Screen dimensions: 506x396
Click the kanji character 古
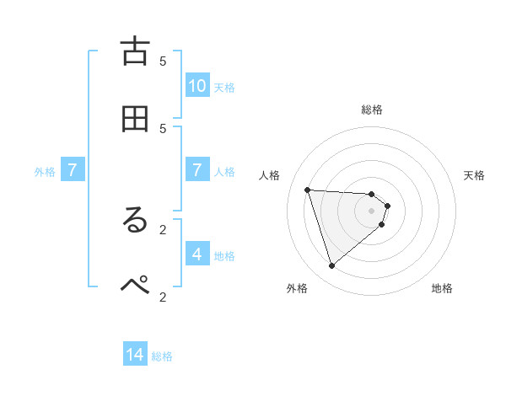[135, 51]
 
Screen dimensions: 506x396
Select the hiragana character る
[135, 221]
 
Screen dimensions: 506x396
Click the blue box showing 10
[197, 86]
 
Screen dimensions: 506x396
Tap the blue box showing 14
[135, 356]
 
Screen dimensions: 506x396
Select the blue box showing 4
[197, 254]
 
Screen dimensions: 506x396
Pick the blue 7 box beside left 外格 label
[73, 171]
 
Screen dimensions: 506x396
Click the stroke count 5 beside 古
[163, 61]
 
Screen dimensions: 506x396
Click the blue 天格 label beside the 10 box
[224, 88]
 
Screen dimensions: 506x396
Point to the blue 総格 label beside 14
[162, 357]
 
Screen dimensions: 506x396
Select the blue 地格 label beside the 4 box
[224, 256]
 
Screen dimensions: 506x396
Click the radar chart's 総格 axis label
[372, 110]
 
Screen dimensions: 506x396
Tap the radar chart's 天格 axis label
[474, 175]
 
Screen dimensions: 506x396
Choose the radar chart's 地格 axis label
[442, 288]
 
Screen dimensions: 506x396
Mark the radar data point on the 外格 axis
[331, 266]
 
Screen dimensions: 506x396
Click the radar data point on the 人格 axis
[308, 190]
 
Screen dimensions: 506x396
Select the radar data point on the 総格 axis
[372, 195]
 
